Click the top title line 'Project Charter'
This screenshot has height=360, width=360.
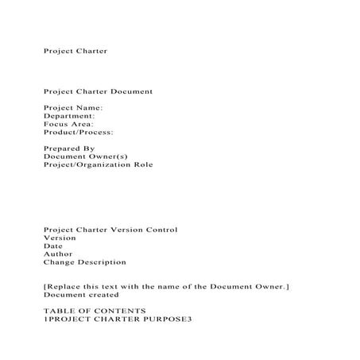click(75, 51)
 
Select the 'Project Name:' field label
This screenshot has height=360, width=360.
click(73, 107)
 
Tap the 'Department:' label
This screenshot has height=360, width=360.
click(69, 116)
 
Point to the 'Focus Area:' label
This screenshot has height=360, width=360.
click(68, 124)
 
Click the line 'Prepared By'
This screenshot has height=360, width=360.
click(68, 149)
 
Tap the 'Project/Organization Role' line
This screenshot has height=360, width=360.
click(98, 165)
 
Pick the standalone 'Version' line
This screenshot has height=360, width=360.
click(60, 238)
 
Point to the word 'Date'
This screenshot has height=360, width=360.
click(52, 246)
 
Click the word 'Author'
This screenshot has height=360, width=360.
click(57, 254)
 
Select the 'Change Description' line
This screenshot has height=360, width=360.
click(84, 261)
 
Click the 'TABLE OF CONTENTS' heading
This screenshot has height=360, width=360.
click(95, 310)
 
